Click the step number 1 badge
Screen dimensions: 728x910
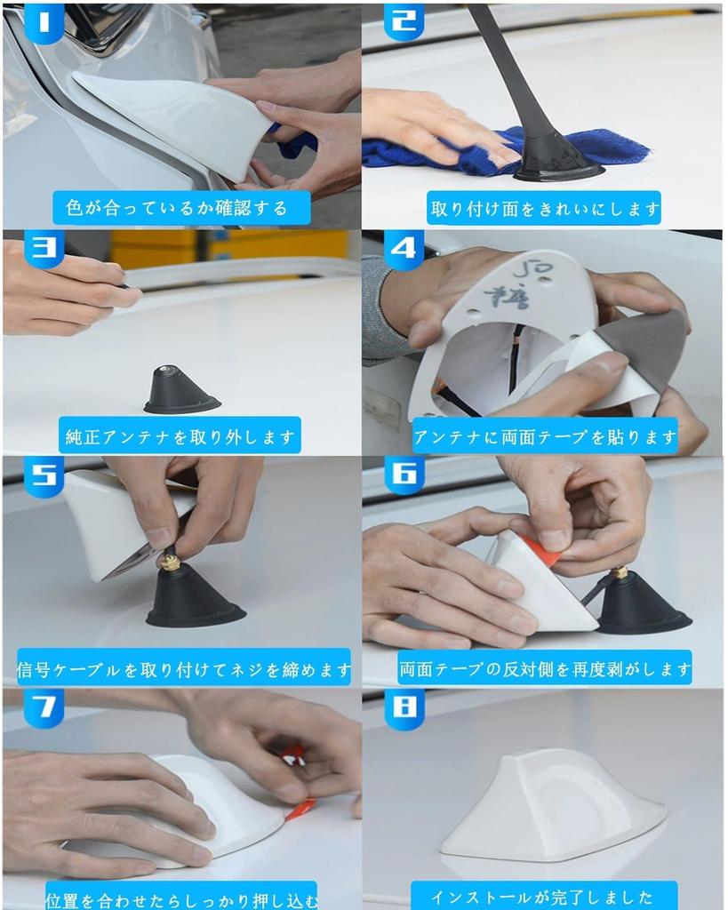point(44,24)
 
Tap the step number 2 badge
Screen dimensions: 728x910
point(404,22)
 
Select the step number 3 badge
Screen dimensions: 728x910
point(44,249)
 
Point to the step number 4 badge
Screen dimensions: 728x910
point(404,250)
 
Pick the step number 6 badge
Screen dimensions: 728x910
point(404,475)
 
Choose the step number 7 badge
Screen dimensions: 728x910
point(44,707)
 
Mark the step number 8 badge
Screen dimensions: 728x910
point(404,708)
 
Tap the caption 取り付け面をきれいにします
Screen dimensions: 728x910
point(545,208)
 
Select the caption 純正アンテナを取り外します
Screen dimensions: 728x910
point(180,436)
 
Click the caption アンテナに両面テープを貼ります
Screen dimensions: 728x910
point(545,436)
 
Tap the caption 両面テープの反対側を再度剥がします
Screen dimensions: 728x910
point(545,668)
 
